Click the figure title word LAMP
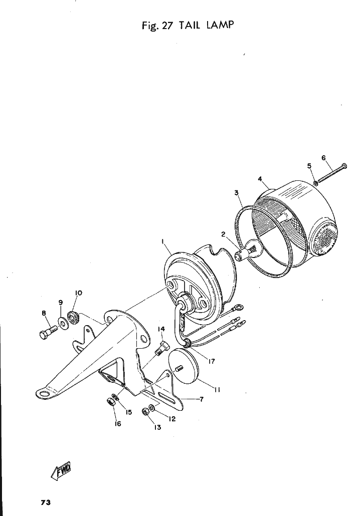220,25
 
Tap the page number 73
46,502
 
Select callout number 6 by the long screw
323,158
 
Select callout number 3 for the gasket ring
237,193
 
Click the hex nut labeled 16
110,402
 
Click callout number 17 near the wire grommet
211,361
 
